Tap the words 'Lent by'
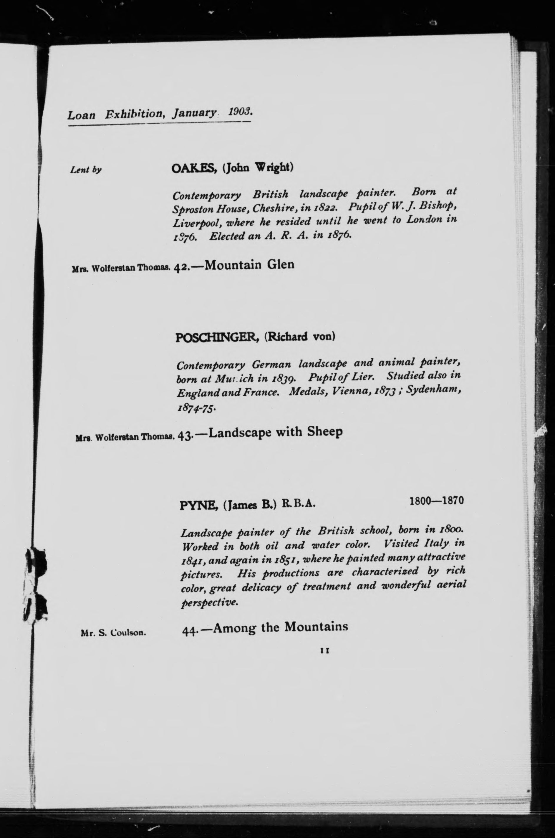[86, 170]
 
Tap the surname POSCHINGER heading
[218, 337]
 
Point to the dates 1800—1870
[436, 501]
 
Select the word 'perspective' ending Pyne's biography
[208, 602]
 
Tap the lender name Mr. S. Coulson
[113, 633]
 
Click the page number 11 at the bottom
[324, 650]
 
